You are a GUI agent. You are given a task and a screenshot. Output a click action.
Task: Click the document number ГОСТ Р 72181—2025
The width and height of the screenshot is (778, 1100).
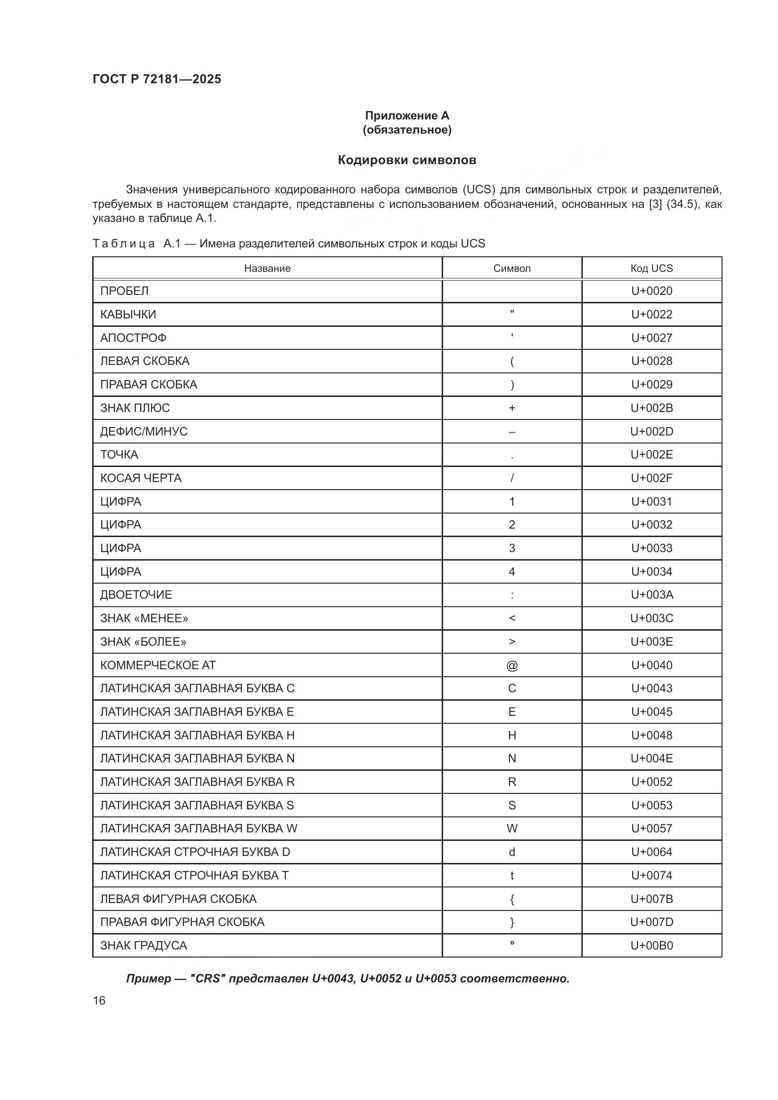coord(157,79)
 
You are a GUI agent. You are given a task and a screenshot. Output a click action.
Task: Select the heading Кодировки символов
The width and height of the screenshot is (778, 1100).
coord(407,160)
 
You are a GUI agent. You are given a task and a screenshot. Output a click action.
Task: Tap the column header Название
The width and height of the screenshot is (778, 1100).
coord(267,268)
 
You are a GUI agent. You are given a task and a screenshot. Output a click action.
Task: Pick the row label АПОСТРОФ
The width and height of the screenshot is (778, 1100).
coord(133,338)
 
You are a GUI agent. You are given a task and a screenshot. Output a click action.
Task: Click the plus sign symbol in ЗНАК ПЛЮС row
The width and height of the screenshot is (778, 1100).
coord(512,408)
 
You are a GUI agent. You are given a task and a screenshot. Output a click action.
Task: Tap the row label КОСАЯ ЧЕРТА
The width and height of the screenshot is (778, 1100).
coord(141,478)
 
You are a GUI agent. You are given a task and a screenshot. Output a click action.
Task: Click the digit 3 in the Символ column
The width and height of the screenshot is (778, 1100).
coord(512,548)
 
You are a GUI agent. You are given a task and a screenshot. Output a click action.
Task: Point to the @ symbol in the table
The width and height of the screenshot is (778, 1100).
coord(512,665)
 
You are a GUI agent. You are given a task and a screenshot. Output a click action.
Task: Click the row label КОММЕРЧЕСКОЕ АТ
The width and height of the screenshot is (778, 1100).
coord(158,665)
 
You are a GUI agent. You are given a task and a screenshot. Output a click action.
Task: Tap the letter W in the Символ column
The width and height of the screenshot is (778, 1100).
coord(512,828)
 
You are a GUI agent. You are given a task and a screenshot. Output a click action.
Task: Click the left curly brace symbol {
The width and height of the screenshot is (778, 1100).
coord(512,899)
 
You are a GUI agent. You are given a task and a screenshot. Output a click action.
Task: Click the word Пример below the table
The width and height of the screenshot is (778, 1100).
coord(149,979)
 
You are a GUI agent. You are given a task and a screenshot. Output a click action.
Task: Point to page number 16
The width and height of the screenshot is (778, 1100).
coord(99,1001)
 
